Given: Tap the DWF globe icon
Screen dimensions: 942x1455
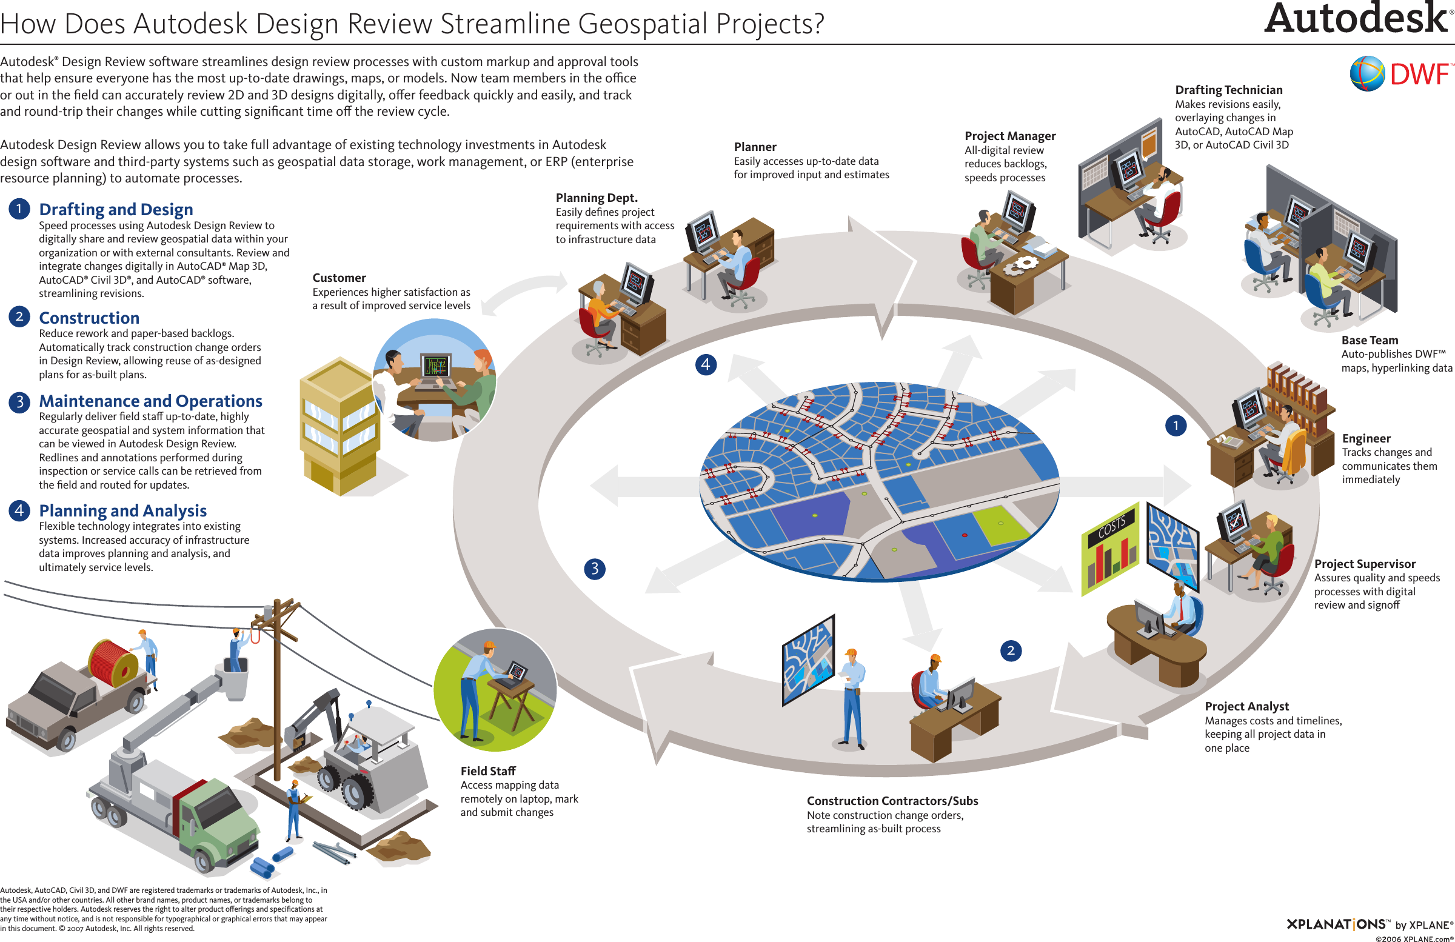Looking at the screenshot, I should pos(1367,73).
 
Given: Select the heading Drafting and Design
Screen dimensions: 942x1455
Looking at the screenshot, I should pos(116,209).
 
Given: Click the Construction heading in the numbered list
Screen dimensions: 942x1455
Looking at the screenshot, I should pos(89,318).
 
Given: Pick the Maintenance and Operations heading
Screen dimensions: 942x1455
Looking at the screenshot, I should pos(150,401).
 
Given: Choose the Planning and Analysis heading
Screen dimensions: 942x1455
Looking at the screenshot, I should pos(123,510).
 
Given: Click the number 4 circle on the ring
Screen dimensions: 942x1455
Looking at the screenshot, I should pos(706,365).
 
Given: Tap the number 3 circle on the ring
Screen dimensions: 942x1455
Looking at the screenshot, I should pos(595,569).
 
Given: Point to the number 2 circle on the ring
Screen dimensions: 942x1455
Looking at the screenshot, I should pos(1011,650).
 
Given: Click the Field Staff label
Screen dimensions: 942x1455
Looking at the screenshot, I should pos(488,771).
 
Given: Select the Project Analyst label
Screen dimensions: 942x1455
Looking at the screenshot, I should pos(1246,706).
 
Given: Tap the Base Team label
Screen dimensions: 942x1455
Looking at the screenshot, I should pos(1370,340).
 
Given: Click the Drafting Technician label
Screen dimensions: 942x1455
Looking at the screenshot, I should pos(1229,90).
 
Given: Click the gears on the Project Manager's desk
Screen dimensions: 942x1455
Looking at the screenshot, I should pos(1020,265).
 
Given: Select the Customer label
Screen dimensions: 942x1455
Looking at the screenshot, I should pos(339,278).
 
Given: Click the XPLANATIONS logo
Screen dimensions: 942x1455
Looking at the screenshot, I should pos(1336,924).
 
